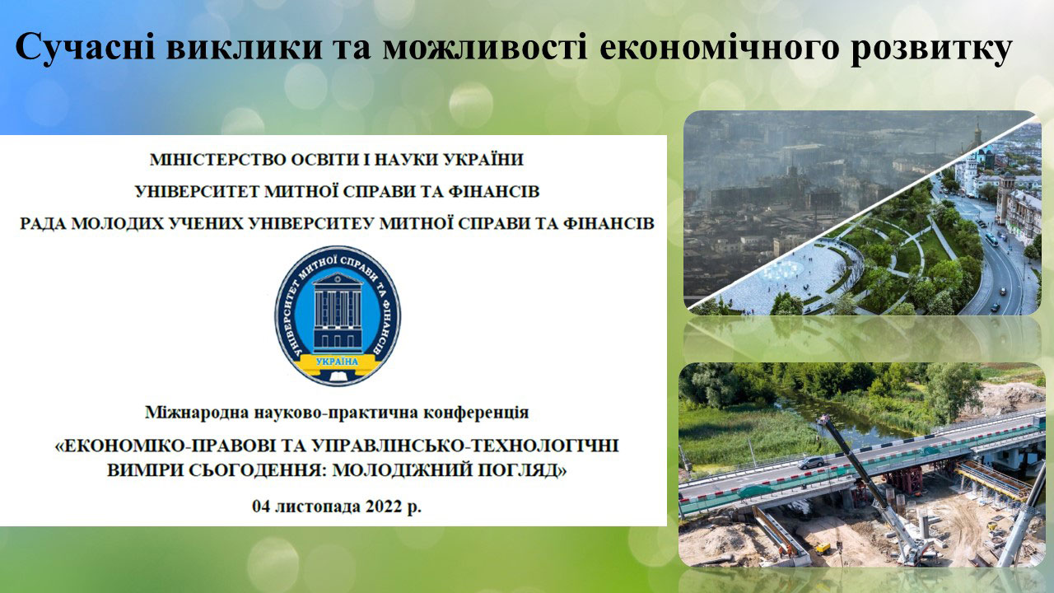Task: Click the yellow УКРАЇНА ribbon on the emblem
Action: click(x=337, y=362)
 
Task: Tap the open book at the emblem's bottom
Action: click(x=338, y=376)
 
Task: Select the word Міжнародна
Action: click(x=197, y=413)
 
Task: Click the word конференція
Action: click(x=476, y=413)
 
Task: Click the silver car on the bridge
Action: click(x=810, y=462)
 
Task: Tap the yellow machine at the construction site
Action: click(x=823, y=548)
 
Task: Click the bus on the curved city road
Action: click(x=991, y=240)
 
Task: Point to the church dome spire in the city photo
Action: click(x=977, y=133)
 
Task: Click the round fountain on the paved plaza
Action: click(x=781, y=270)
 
